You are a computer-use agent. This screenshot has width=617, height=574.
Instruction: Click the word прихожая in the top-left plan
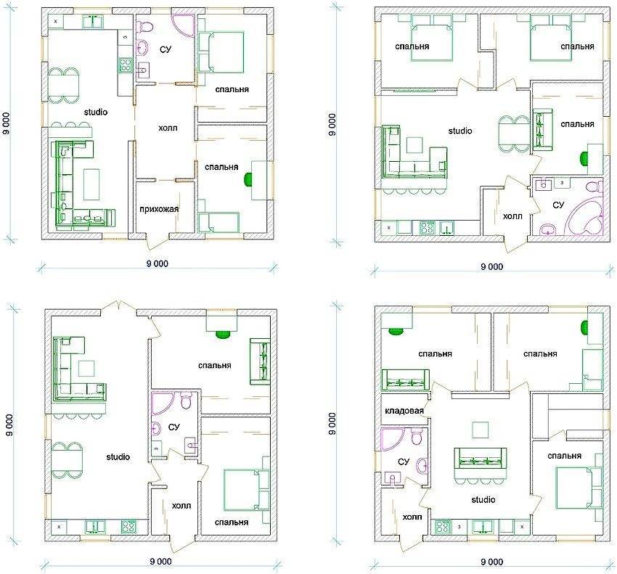point(159,208)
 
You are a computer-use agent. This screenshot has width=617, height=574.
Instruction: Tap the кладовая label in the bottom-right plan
point(404,411)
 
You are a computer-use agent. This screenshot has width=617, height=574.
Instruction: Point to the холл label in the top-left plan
point(168,128)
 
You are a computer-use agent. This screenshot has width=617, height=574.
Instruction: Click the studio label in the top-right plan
point(460,131)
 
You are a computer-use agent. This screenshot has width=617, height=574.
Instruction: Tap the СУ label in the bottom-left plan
point(173,427)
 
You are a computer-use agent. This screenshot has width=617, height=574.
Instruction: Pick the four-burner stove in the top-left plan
point(125,65)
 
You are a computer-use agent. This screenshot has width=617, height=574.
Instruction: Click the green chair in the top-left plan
point(248,179)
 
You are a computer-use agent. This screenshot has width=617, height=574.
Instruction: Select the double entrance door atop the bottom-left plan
point(118,306)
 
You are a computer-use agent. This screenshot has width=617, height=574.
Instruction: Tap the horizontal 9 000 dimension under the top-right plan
point(491,267)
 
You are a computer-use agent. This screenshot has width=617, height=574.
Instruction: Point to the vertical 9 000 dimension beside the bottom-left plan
point(9,425)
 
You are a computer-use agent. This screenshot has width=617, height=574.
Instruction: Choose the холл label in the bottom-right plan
point(412,517)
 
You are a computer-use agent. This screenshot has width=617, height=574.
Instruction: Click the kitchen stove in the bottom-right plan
point(442,526)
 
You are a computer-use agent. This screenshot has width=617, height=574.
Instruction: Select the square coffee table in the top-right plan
point(414,145)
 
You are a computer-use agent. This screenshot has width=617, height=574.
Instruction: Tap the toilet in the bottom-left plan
point(185,401)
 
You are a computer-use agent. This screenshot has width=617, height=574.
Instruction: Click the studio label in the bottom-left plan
point(118,456)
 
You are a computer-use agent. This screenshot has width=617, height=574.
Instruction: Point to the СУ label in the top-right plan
point(558,205)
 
